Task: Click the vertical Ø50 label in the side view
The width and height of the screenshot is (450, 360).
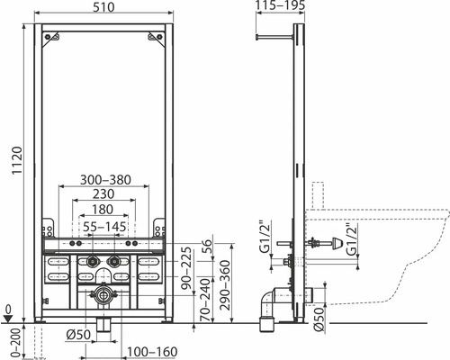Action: click(321, 317)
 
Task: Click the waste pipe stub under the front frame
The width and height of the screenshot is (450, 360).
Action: click(104, 323)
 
